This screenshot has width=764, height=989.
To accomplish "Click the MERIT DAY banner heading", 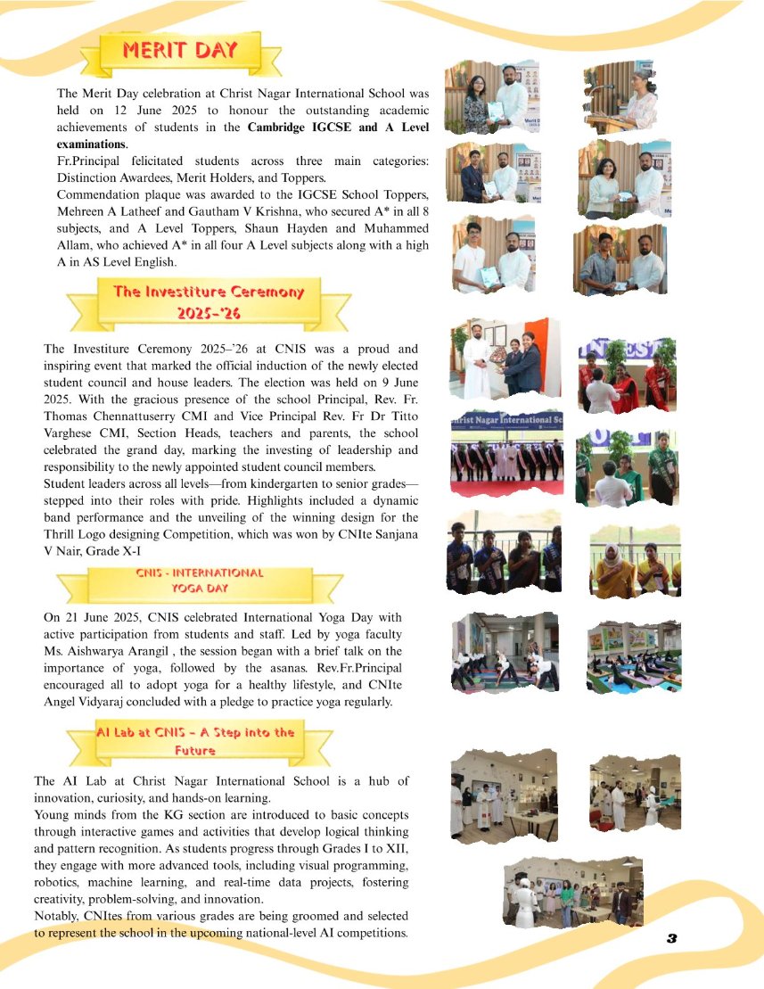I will pyautogui.click(x=180, y=50).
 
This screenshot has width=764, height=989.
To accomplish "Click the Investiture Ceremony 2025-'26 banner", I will pyautogui.click(x=208, y=302).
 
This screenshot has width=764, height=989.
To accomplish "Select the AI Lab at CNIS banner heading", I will pyautogui.click(x=195, y=741).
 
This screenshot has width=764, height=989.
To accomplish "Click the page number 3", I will pyautogui.click(x=672, y=938).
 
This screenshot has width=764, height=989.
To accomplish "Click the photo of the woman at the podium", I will pyautogui.click(x=625, y=98).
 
